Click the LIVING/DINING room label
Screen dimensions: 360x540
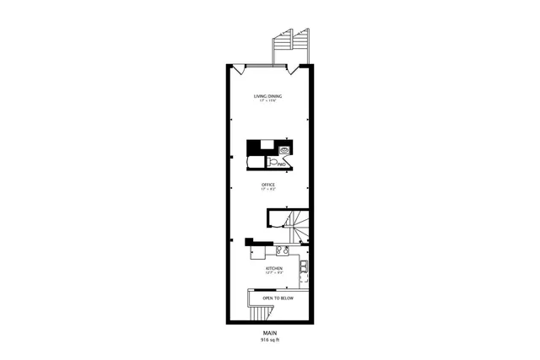point(268,96)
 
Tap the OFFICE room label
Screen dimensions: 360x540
point(268,185)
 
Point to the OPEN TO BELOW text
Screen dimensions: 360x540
point(278,298)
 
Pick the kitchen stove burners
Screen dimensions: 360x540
point(283,250)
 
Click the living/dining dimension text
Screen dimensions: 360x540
point(268,101)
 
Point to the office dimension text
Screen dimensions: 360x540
point(268,190)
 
